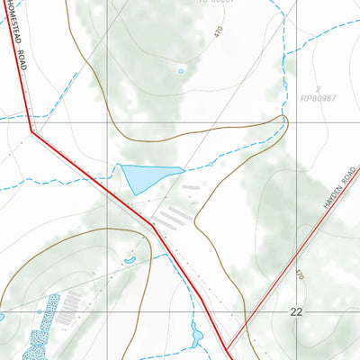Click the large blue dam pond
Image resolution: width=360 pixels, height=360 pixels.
pos(144,178)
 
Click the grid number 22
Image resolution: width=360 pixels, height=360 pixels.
pos(297,311)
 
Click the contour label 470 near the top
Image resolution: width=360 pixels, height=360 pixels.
pos(219,31)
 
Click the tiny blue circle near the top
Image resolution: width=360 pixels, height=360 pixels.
pos(181,70)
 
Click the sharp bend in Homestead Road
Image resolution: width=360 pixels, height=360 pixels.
pos(32,132)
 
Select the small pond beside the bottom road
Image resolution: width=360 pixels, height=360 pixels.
pos(196,336)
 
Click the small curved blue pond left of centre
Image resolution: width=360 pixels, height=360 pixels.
pos(130,260)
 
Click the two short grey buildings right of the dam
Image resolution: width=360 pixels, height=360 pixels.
pos(192,190)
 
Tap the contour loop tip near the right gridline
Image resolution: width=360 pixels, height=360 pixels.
pos(285,118)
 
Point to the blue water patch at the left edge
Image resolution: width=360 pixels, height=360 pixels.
pos(2,317)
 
